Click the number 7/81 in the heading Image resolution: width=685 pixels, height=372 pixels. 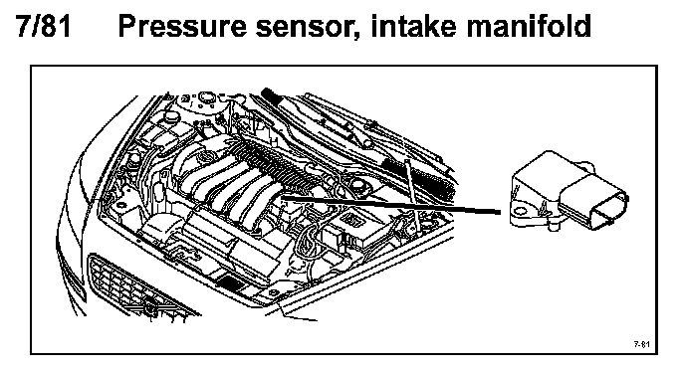[43, 26]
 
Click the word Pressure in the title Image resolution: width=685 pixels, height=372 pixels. [182, 26]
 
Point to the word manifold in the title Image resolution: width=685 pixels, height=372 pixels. [529, 26]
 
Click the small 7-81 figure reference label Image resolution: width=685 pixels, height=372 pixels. [642, 344]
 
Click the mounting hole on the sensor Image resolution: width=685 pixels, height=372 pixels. [520, 212]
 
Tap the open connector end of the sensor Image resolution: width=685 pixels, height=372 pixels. [610, 211]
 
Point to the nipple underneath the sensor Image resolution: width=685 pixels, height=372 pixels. [553, 226]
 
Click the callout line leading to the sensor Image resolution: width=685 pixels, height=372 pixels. [391, 205]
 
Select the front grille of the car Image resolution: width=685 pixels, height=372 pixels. [139, 285]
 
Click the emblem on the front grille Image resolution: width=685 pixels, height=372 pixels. [150, 306]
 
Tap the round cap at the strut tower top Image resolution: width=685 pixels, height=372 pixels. [206, 96]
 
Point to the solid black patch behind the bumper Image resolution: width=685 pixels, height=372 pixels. [231, 282]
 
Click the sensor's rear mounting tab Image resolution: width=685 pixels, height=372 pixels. [585, 166]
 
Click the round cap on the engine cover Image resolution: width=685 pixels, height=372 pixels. [204, 156]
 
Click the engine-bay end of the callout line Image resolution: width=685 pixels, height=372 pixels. [282, 197]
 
